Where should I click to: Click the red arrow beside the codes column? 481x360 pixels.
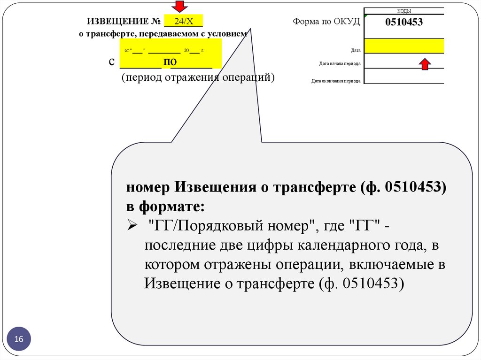[425, 64]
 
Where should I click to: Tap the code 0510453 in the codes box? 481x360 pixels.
[404, 22]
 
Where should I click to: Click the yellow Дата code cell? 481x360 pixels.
[404, 46]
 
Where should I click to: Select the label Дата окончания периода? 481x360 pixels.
[336, 81]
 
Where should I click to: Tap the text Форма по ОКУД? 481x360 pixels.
[326, 22]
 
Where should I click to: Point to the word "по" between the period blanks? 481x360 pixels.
[170, 62]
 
